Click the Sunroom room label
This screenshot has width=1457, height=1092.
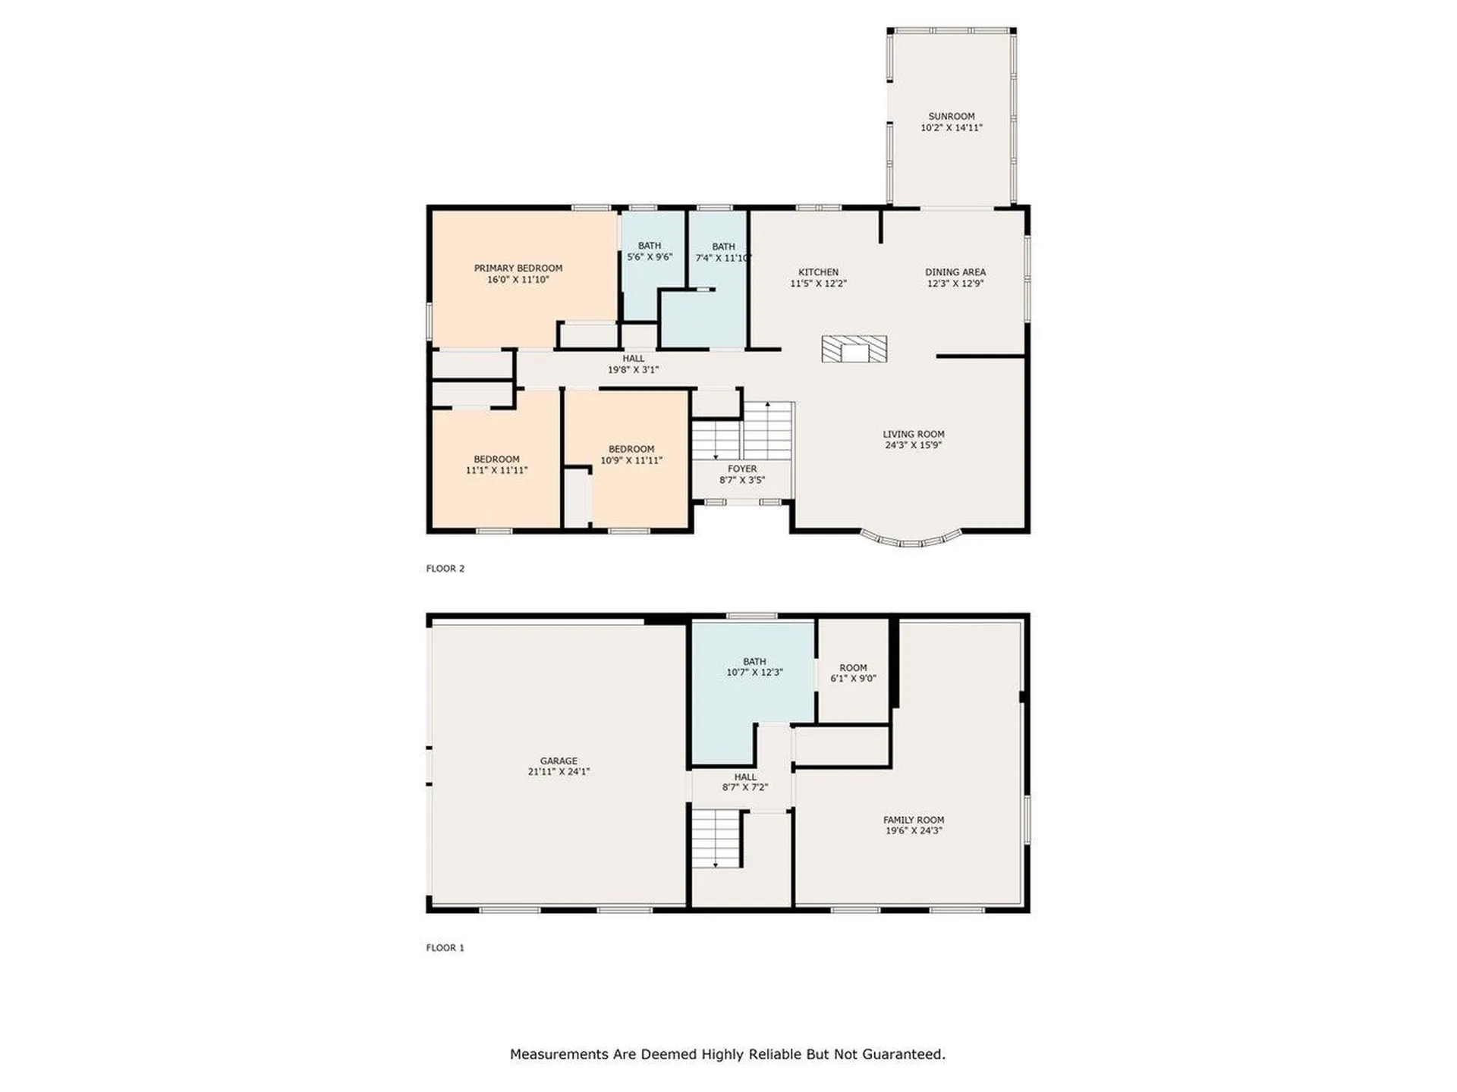pyautogui.click(x=951, y=117)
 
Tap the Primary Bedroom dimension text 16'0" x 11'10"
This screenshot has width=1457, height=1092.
pyautogui.click(x=518, y=280)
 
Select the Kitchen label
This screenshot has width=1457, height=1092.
pyautogui.click(x=818, y=272)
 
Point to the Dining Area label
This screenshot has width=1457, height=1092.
pyautogui.click(x=955, y=272)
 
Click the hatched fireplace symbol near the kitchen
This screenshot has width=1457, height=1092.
pyautogui.click(x=854, y=349)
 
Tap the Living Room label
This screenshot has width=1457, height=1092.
pyautogui.click(x=914, y=435)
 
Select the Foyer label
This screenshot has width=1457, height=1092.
pyautogui.click(x=742, y=469)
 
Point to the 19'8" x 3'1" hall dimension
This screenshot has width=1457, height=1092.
pyautogui.click(x=634, y=370)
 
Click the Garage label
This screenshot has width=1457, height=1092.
pyautogui.click(x=559, y=761)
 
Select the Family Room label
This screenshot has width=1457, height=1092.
pyautogui.click(x=914, y=820)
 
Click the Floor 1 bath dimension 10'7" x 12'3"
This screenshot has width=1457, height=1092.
pyautogui.click(x=754, y=673)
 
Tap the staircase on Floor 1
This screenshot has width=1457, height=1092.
pyautogui.click(x=716, y=838)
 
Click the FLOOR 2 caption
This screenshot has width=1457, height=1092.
pyautogui.click(x=445, y=569)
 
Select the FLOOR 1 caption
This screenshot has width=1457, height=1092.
pyautogui.click(x=445, y=948)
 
